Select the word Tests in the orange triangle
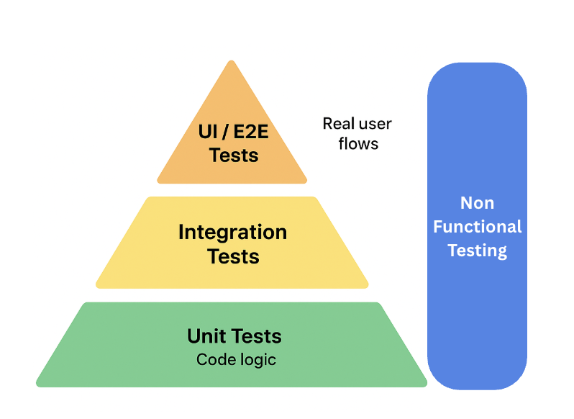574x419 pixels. (234, 154)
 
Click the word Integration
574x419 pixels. (232, 233)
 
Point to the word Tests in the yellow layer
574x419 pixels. (233, 256)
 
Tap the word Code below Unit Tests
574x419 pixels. (213, 359)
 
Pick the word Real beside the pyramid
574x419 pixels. (339, 124)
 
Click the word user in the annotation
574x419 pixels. (375, 124)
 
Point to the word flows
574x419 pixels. (358, 144)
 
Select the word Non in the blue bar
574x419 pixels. (477, 203)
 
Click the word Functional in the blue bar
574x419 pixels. (477, 227)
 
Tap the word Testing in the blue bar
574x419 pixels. (477, 251)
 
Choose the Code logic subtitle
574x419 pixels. (235, 359)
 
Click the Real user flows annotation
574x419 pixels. (357, 134)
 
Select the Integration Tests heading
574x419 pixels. (232, 244)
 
